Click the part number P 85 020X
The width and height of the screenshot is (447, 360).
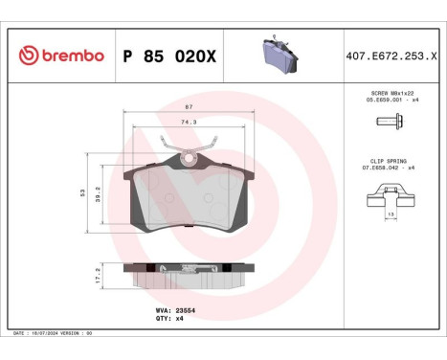169,56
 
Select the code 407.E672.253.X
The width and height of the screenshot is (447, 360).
389,56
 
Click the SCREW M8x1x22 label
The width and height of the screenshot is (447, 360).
390,93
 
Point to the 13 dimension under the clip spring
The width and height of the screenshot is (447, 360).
391,214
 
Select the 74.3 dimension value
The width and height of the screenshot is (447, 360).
189,122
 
